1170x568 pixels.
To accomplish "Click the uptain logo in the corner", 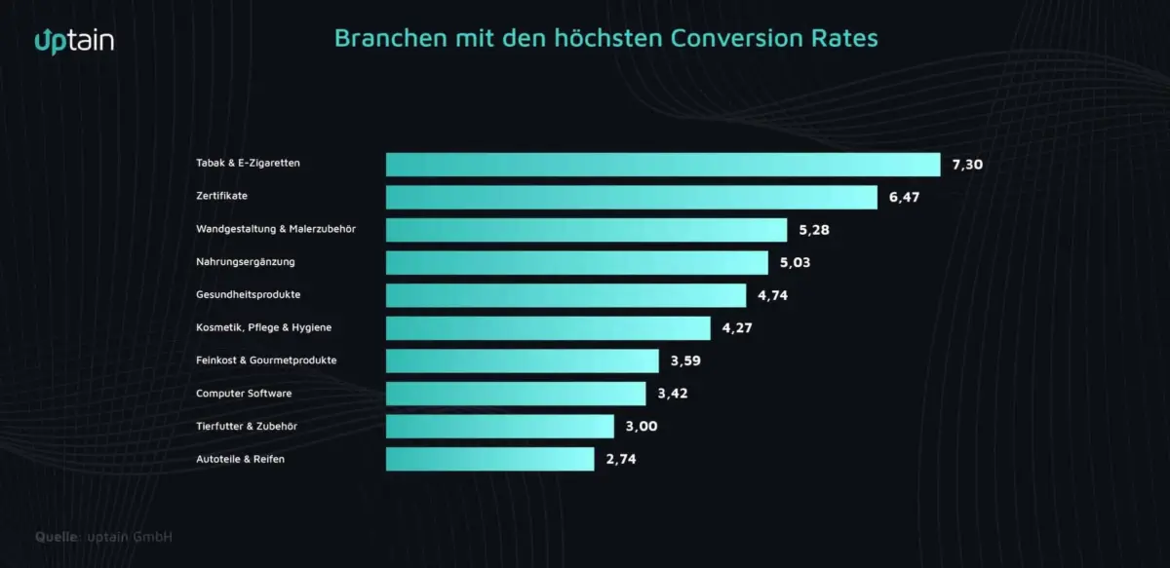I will click(x=74, y=40).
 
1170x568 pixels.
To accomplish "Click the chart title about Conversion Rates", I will click(x=605, y=38).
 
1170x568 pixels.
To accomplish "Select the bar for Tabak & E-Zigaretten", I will click(x=662, y=164).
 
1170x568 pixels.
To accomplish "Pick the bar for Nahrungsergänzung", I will click(x=576, y=262).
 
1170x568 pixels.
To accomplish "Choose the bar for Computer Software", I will click(x=516, y=394).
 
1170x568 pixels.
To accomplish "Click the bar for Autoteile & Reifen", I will click(x=489, y=459).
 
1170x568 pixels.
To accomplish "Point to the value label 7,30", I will click(x=967, y=164).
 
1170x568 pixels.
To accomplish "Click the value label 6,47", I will click(x=904, y=197).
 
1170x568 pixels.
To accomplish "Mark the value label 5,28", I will click(x=814, y=230).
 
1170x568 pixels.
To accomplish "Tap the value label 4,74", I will click(x=771, y=295).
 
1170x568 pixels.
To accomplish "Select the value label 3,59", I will click(x=685, y=360).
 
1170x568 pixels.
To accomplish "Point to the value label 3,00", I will click(x=641, y=426).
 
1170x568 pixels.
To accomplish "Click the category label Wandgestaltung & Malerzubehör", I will click(x=276, y=229).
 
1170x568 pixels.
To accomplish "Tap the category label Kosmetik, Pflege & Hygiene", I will click(x=264, y=327).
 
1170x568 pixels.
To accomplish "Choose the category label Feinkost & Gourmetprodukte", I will click(x=266, y=360).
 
